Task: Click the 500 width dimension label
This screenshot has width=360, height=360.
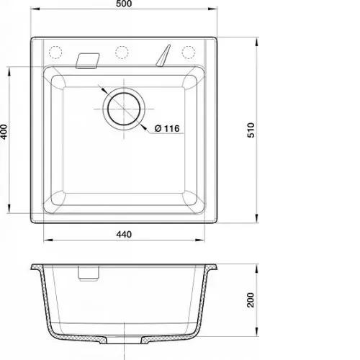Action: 124,4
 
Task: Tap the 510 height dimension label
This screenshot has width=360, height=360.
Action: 251,130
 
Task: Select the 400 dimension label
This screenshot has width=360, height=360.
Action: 4,132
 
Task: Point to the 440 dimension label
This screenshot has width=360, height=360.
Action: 124,234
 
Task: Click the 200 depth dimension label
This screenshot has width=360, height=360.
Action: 251,300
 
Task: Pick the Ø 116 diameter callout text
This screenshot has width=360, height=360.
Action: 167,128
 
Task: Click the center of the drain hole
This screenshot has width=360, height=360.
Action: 124,109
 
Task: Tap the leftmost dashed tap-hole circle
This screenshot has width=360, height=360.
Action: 55,52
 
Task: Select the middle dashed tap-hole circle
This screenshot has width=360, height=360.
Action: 122,52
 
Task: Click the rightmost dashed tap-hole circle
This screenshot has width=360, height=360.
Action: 189,52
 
